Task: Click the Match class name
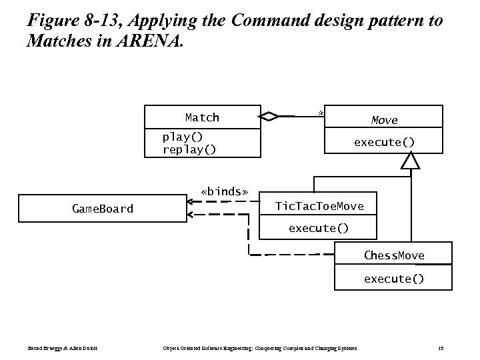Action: click(x=202, y=117)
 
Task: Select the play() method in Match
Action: click(x=183, y=137)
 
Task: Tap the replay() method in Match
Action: click(x=189, y=149)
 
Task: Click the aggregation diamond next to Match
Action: click(x=269, y=117)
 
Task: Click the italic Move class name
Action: click(x=384, y=120)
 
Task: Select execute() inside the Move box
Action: click(x=384, y=142)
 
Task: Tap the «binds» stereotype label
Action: click(x=224, y=192)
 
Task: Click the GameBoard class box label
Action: click(x=102, y=209)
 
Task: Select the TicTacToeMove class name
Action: click(x=319, y=206)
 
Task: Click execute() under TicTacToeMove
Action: click(x=318, y=228)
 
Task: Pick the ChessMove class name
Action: click(x=393, y=255)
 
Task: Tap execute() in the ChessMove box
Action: click(x=393, y=279)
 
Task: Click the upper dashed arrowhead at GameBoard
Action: click(x=191, y=200)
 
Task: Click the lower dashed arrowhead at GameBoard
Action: click(x=191, y=215)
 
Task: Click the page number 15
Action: click(x=441, y=348)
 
